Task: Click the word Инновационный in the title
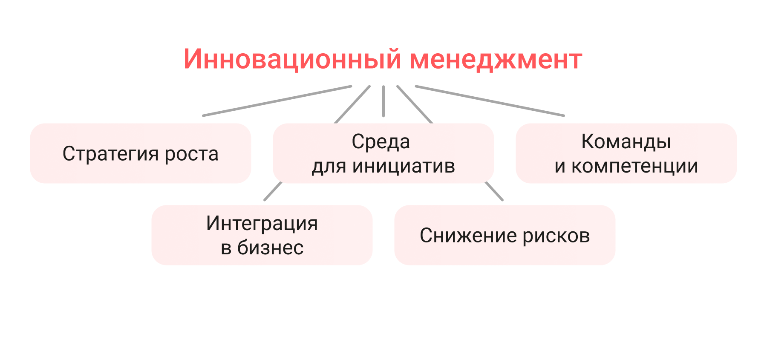(x=292, y=59)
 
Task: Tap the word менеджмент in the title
(x=496, y=59)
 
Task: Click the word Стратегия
(x=111, y=154)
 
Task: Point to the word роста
(x=191, y=154)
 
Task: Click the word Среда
(x=381, y=142)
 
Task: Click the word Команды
(x=626, y=142)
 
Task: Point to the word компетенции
(x=634, y=166)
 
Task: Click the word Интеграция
(x=262, y=223)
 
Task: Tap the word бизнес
(x=270, y=248)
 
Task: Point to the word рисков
(x=556, y=236)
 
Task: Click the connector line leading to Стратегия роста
(x=277, y=101)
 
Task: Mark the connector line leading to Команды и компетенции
(x=490, y=101)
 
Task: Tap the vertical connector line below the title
(x=383, y=101)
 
